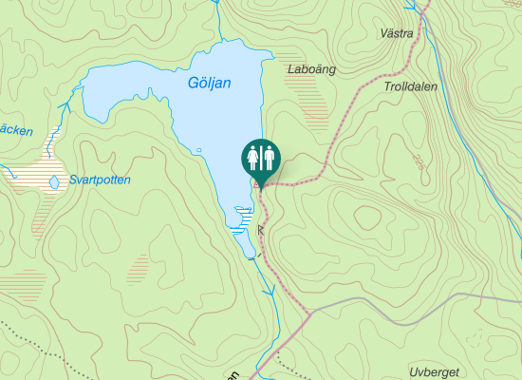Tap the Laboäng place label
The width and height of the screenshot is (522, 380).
coord(311,69)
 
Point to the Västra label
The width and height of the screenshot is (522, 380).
coord(396,33)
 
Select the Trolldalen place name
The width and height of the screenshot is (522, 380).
coord(411,85)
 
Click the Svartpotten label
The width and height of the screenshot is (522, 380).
coord(100,180)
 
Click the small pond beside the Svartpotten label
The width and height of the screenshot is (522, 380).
coord(54,181)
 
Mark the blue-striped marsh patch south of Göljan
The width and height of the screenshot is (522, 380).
coord(242,220)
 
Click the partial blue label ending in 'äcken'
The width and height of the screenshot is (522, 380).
coord(16,130)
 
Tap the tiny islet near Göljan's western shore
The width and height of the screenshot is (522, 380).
coord(199,151)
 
